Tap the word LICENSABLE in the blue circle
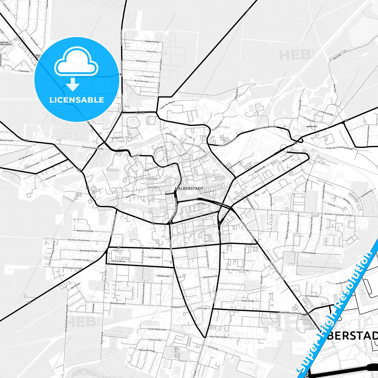tap(77, 100)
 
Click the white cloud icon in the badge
tap(76, 61)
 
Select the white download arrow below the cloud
tap(73, 85)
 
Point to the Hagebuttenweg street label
tap(152, 42)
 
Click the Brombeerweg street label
tap(141, 81)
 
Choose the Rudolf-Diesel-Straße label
tap(291, 313)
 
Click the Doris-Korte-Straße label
tap(218, 337)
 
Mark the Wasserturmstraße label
tap(85, 231)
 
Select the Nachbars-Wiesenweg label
tap(78, 240)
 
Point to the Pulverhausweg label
tap(308, 253)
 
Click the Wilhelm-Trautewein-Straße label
tap(338, 215)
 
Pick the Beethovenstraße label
tap(118, 303)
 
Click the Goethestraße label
tap(163, 276)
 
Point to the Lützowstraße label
tap(154, 340)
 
